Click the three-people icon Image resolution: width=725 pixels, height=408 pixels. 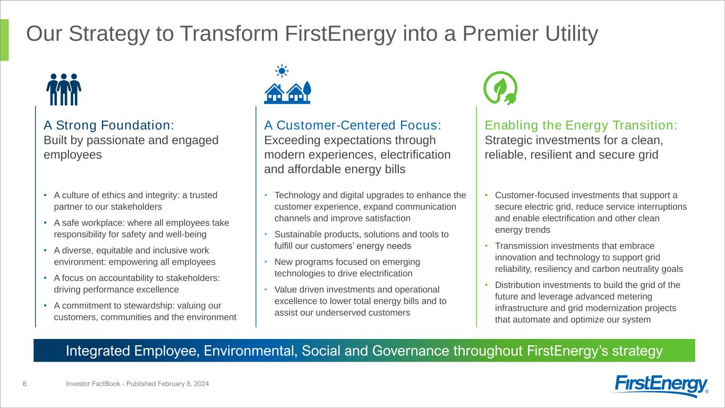pos(64,89)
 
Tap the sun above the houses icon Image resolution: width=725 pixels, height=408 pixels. pos(282,71)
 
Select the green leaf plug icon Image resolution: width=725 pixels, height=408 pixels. pos(500,88)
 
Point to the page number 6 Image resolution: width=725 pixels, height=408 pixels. pos(24,384)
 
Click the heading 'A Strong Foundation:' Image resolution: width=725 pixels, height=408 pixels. pos(109,125)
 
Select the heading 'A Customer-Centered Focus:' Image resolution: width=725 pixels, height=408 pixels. pos(353,125)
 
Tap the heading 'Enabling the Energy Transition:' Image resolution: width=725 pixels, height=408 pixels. pos(581,125)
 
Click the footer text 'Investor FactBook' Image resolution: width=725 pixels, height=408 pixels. pos(93,384)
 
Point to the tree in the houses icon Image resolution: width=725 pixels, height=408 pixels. pos(307,91)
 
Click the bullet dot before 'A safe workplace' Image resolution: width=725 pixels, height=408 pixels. pos(45,223)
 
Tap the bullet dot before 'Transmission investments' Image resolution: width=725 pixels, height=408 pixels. pos(486,246)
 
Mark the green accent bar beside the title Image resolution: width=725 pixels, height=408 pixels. pos(5,40)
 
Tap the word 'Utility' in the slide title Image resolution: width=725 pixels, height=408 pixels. pos(572,34)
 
